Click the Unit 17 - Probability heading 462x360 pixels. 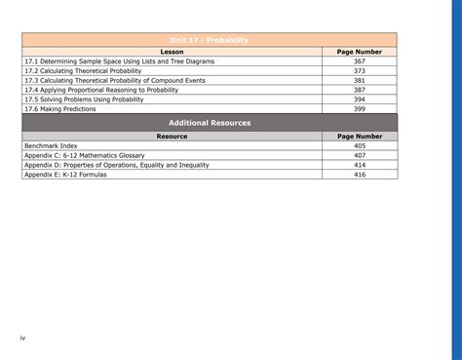tap(210, 40)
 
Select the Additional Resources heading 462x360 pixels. tap(210, 123)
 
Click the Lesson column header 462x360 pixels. tap(172, 51)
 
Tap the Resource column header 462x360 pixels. tap(172, 137)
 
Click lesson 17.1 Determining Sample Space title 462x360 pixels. tap(119, 60)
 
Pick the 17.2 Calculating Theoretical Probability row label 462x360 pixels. tap(86, 70)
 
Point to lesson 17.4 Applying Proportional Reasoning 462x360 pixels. tap(101, 90)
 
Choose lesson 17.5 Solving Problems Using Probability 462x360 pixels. tap(84, 100)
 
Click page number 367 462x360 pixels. tap(359, 60)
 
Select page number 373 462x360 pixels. tap(359, 70)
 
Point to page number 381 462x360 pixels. tap(359, 80)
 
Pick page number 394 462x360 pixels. tap(359, 100)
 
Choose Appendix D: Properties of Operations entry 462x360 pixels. tap(116, 165)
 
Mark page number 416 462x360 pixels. tap(359, 175)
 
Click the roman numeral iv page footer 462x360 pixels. tap(22, 338)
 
